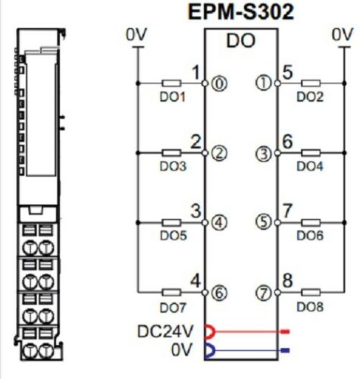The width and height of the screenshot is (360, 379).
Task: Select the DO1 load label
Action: (x=172, y=97)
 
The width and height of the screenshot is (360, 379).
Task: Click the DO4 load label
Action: (x=310, y=165)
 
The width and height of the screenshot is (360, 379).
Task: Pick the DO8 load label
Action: (x=310, y=306)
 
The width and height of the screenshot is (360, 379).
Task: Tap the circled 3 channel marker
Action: (x=263, y=153)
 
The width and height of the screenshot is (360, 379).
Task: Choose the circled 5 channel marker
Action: (x=263, y=223)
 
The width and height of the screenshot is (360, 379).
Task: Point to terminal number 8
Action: (x=287, y=281)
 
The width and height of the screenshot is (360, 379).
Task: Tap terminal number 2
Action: (x=196, y=142)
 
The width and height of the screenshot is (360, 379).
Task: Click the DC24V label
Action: (x=165, y=331)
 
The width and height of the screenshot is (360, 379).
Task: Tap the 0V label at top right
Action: (x=343, y=34)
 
